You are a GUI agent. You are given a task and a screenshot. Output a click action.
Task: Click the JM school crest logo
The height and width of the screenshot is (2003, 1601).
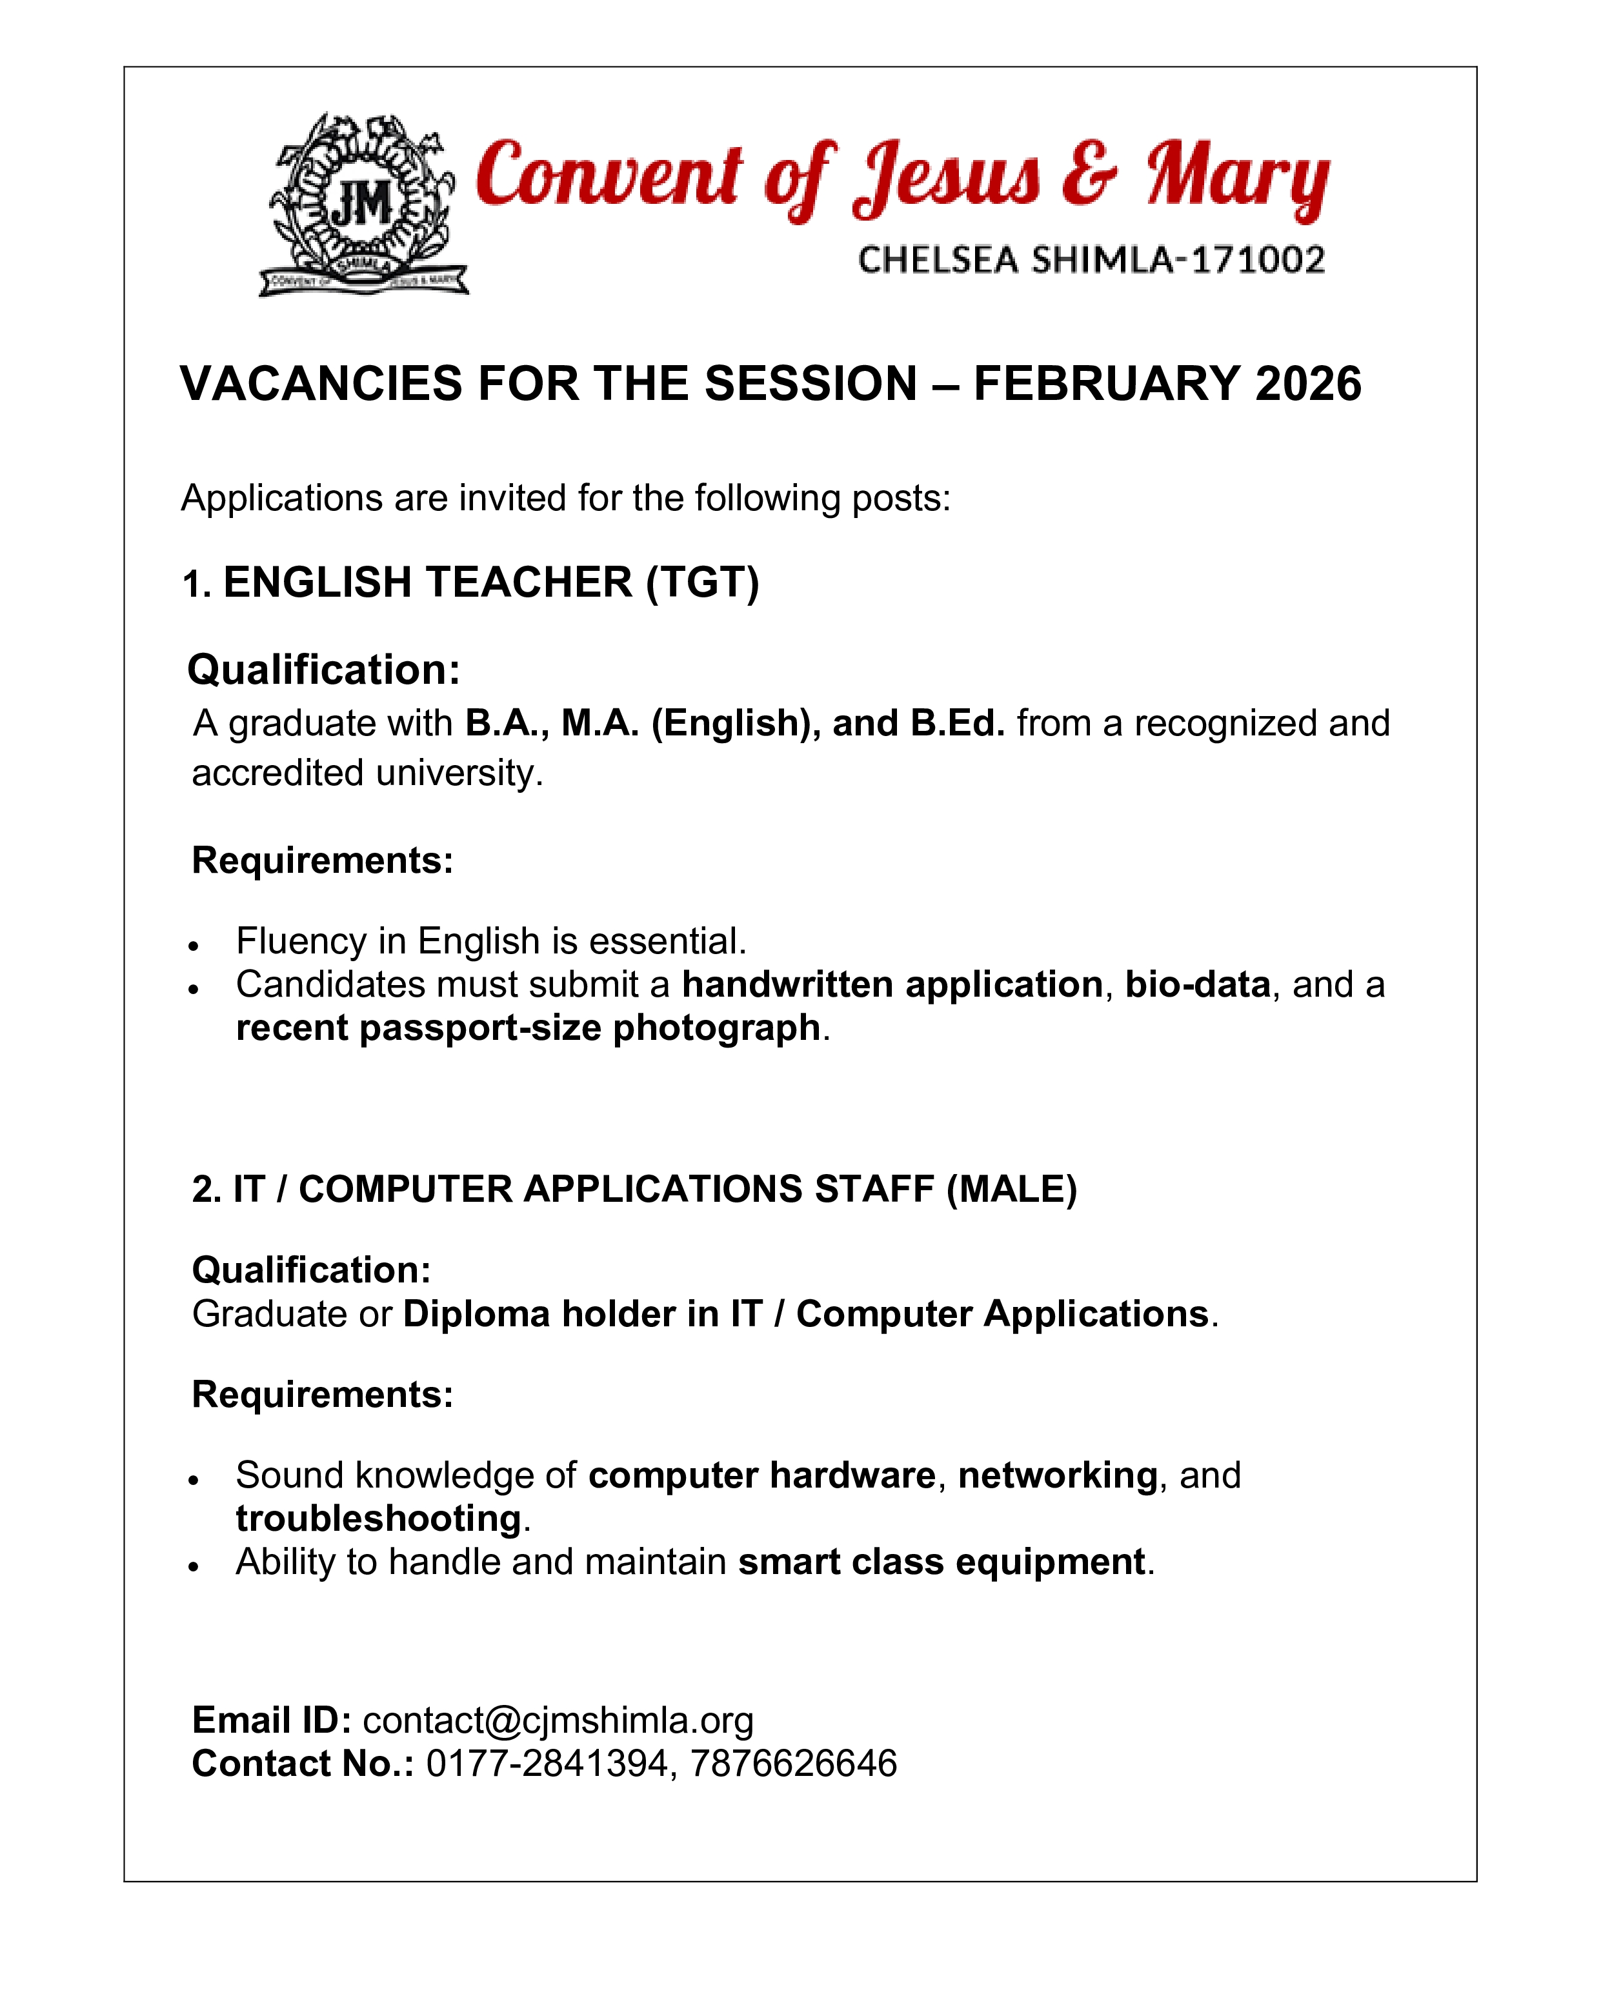coord(363,204)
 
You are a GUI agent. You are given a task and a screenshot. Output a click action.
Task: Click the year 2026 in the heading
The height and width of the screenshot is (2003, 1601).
coord(1308,384)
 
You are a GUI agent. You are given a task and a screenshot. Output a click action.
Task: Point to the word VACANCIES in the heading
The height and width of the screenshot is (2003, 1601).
coord(321,384)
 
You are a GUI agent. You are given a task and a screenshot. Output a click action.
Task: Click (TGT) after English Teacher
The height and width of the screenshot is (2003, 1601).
coord(703,583)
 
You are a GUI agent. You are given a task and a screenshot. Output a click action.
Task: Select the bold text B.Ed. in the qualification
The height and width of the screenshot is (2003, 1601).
coord(957,722)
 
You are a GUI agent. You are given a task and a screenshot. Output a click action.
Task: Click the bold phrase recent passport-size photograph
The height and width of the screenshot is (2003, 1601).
coord(528,1028)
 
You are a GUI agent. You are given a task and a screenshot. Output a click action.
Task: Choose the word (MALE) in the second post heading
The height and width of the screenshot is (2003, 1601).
coord(1011,1189)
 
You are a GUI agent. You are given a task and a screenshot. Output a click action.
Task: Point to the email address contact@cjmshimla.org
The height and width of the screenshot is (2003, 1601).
coord(558,1720)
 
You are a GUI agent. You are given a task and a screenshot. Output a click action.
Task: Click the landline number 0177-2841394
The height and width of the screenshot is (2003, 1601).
coord(547,1763)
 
